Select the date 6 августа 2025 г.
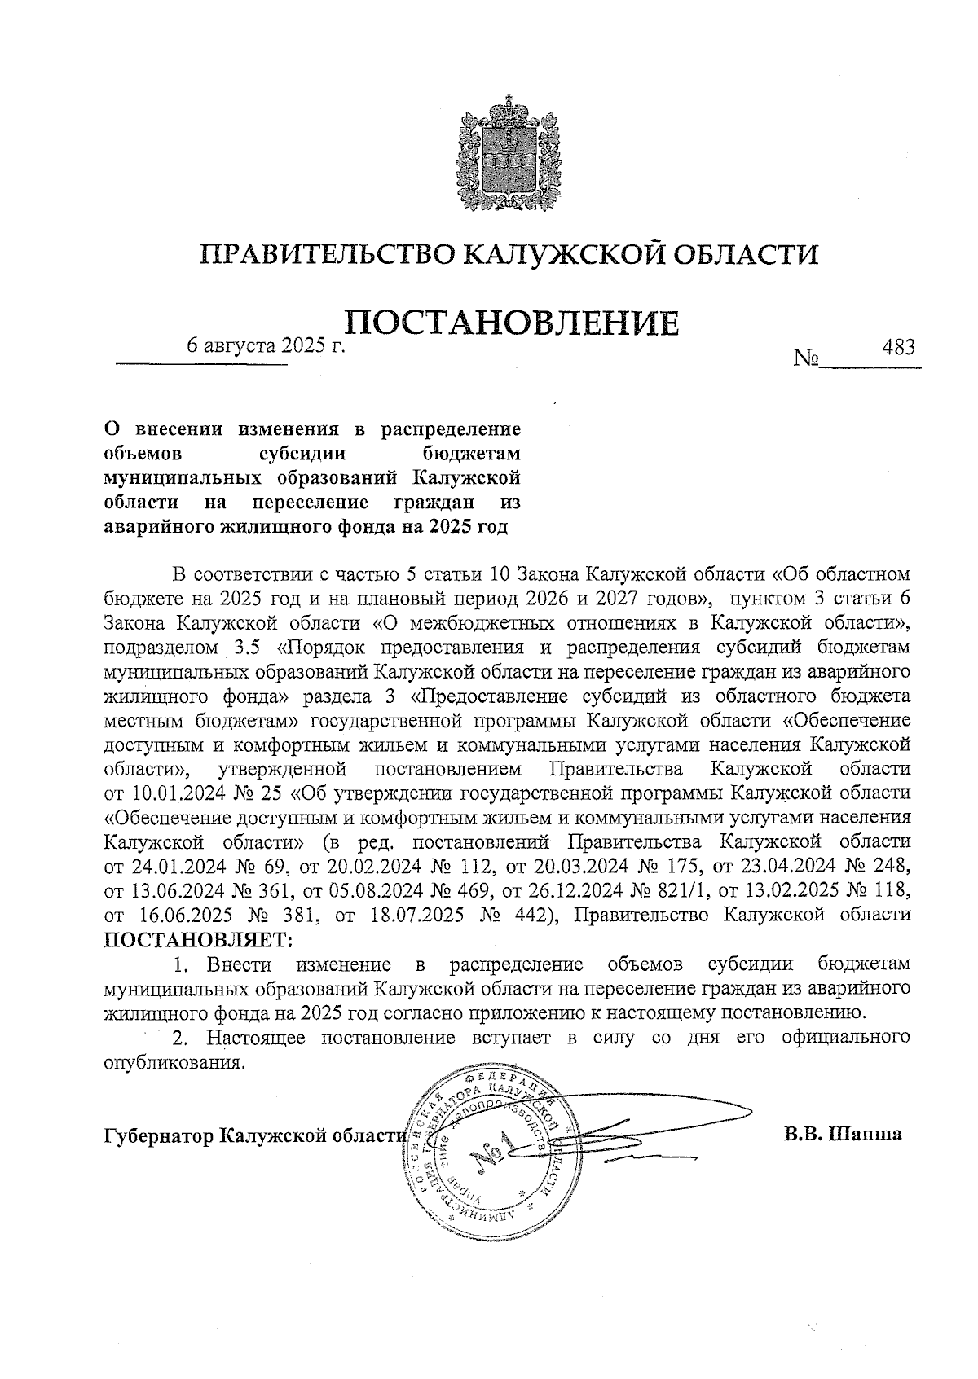267,345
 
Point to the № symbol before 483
805,358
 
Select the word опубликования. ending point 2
174,1063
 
